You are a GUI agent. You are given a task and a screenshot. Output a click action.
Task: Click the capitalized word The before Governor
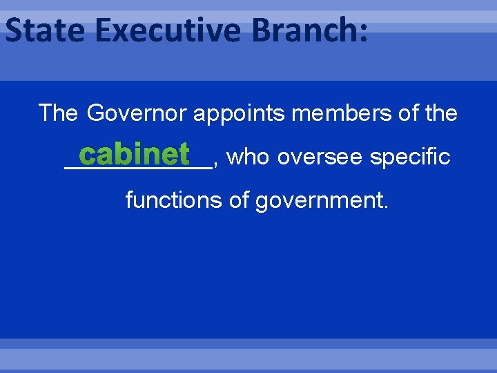click(x=59, y=113)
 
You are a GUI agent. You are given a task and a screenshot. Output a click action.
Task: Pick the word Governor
click(x=138, y=113)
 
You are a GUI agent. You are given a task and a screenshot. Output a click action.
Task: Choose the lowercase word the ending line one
click(x=442, y=113)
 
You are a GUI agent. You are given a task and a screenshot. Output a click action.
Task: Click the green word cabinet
click(x=138, y=155)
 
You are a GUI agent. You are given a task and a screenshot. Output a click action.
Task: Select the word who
click(x=246, y=157)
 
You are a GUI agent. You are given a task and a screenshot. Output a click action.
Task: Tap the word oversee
click(x=320, y=157)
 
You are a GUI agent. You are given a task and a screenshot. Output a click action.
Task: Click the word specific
click(x=411, y=157)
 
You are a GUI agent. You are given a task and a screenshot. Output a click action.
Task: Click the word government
click(x=319, y=202)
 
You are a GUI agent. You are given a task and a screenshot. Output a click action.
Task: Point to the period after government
click(x=387, y=207)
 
